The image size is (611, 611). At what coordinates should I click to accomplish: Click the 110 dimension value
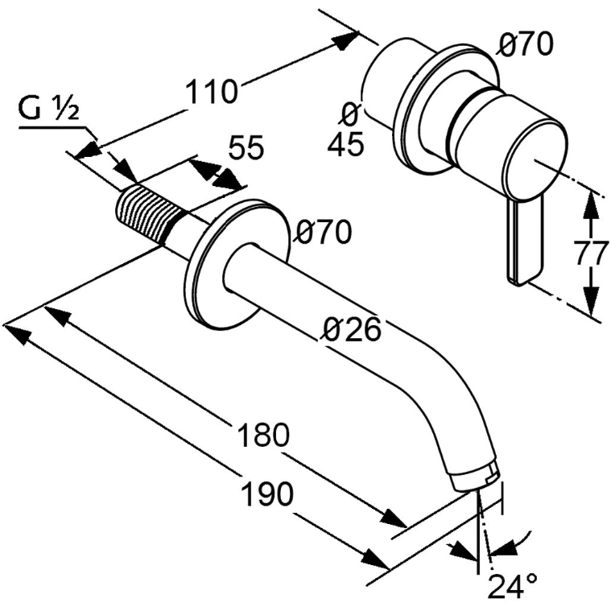point(211,92)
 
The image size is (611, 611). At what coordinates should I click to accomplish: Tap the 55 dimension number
point(246,147)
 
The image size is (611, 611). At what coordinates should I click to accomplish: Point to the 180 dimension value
point(263,435)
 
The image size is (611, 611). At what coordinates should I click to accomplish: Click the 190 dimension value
point(267,493)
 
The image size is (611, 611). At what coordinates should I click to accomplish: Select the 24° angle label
point(513,586)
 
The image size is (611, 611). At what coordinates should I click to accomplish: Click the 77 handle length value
point(592,254)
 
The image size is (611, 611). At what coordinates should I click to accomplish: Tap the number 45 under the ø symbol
point(345,144)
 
